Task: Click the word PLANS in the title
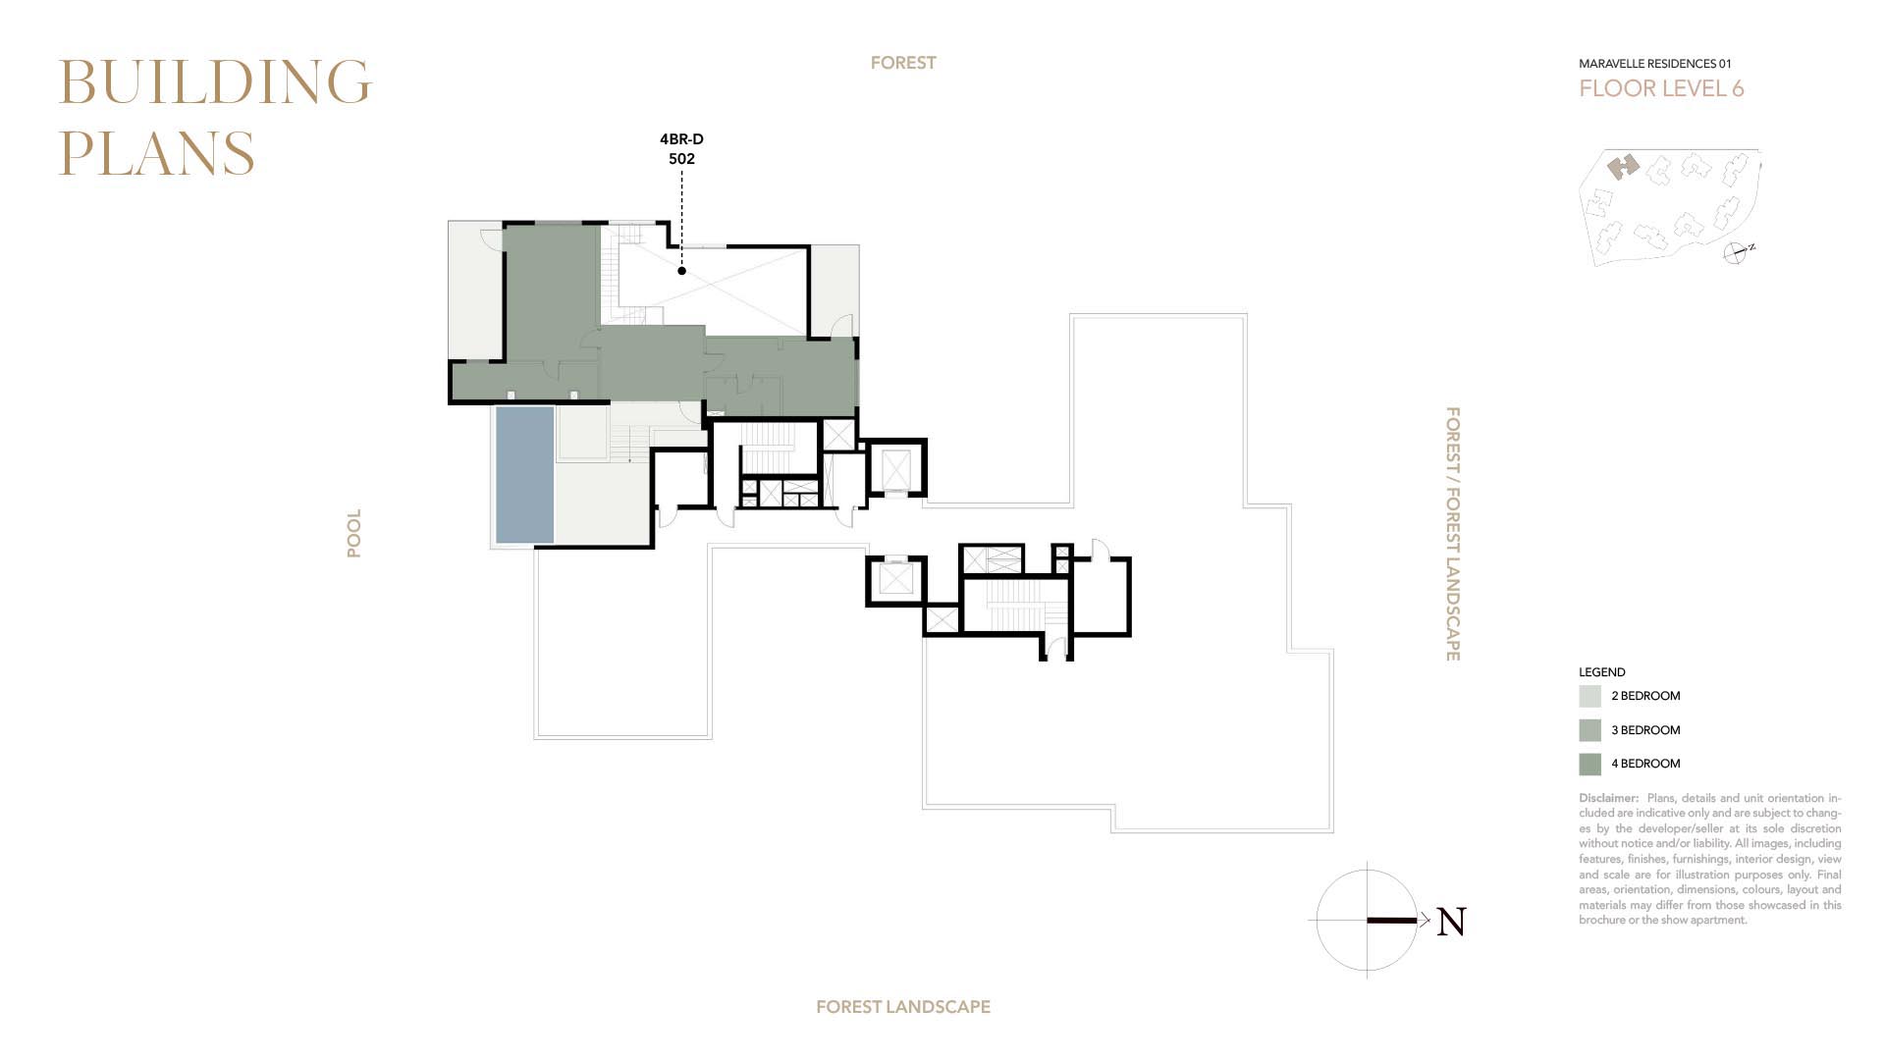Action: pos(157,153)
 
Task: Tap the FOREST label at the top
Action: pos(903,63)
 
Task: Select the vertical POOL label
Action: pos(353,533)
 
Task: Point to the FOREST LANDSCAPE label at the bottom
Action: pos(903,1007)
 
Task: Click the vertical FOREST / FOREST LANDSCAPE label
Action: pos(1453,534)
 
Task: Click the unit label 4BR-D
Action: pos(681,139)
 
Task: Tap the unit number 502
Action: pos(681,159)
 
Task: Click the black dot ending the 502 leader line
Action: pos(681,271)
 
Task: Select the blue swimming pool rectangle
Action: pos(524,475)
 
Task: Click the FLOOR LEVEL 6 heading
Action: pos(1661,88)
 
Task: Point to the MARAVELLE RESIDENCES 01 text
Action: pos(1655,64)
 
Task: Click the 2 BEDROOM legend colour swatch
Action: pos(1589,696)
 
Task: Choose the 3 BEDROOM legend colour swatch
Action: pos(1589,730)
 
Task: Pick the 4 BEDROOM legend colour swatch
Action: pos(1589,764)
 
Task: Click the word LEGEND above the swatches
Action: pos(1602,672)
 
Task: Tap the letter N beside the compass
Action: pos(1451,922)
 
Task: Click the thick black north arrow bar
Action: pos(1392,921)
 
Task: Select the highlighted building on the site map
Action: pos(1624,167)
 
